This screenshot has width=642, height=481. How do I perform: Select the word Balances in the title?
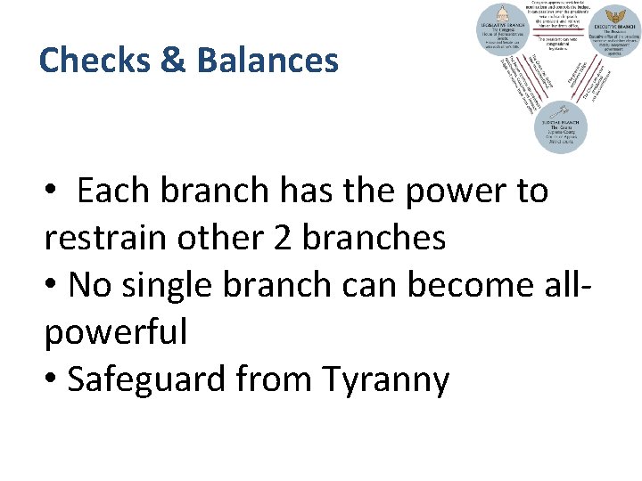click(x=268, y=61)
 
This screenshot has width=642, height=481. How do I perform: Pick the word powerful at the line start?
click(x=116, y=332)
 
